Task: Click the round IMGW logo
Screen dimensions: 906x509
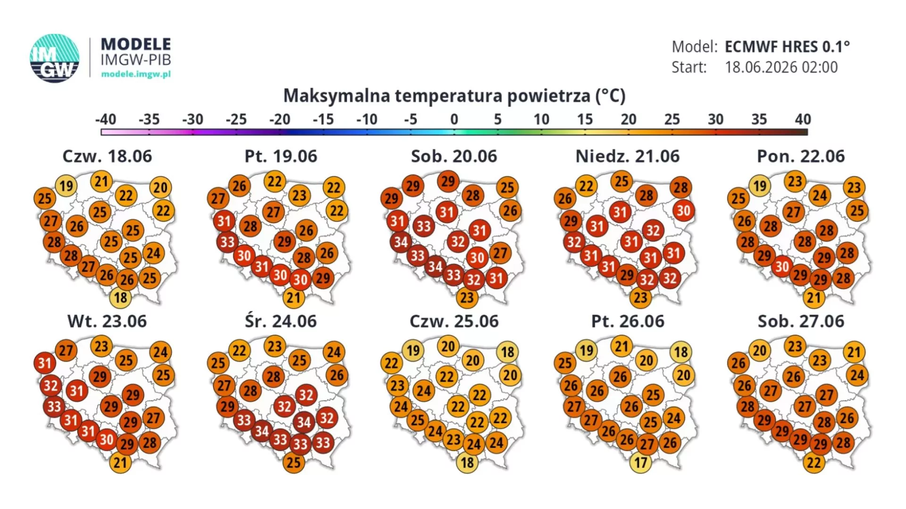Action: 54,58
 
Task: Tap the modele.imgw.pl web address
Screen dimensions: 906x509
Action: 136,74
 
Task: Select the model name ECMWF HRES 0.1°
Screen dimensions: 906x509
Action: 787,47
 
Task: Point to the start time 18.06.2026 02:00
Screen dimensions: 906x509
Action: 781,67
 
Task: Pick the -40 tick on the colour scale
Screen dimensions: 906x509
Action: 106,119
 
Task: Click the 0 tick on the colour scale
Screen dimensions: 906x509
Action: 454,119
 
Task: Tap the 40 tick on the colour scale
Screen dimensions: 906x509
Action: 803,119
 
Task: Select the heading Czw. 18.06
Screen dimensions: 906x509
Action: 108,156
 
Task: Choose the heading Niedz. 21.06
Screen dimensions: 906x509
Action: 628,156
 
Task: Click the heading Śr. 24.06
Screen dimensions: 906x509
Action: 281,321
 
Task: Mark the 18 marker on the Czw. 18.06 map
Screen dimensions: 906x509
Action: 120,297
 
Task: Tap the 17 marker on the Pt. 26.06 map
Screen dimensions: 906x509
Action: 640,462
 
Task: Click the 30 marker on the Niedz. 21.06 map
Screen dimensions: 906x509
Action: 683,211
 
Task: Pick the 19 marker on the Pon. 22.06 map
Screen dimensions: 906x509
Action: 760,186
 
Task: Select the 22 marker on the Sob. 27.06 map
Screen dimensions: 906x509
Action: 814,462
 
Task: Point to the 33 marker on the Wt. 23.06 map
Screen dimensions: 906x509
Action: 54,406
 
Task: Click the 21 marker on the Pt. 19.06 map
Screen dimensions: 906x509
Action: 294,297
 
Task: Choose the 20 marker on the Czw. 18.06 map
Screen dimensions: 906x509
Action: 160,187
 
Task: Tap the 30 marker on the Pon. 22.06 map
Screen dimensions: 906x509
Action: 782,267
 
